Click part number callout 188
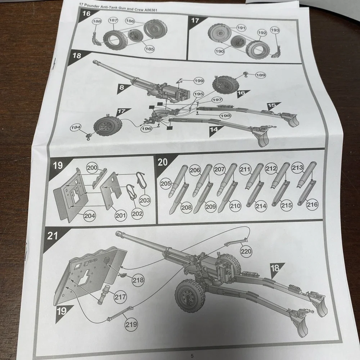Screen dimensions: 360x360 pos(97,21)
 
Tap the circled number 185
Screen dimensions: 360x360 pos(149,49)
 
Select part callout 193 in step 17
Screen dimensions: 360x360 pos(275,30)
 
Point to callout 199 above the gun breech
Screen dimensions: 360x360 pos(199,81)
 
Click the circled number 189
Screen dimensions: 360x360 pos(260,75)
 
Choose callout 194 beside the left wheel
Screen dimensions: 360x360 pos(76,127)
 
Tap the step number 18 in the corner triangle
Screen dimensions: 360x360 pos(77,55)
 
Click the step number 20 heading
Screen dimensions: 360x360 pos(163,162)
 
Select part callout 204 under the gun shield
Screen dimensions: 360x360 pos(90,216)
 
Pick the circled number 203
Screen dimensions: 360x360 pos(145,200)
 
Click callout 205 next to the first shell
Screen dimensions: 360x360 pos(166,184)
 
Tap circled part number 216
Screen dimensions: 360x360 pos(312,204)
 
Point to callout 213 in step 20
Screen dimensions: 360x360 pos(297,167)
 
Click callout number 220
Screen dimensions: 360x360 pos(246,251)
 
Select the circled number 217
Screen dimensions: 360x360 pos(120,297)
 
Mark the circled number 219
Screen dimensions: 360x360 pos(131,324)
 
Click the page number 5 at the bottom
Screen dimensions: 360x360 pos(192,356)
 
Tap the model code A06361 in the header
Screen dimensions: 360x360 pos(149,10)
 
